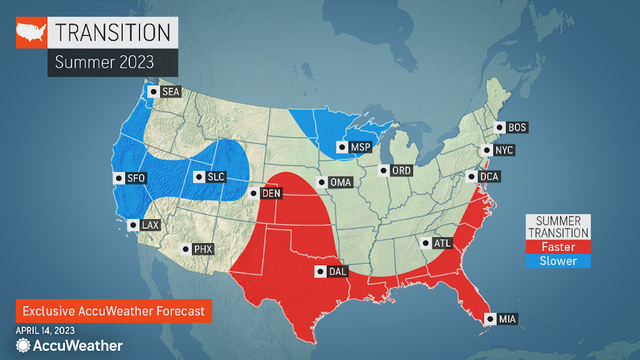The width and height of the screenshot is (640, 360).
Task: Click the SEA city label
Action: (x=167, y=92)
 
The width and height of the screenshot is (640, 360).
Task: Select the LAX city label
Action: (x=150, y=226)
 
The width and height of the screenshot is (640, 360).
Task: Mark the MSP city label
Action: (x=359, y=148)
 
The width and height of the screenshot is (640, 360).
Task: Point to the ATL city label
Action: (x=441, y=243)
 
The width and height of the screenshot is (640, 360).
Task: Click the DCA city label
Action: (x=489, y=178)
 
